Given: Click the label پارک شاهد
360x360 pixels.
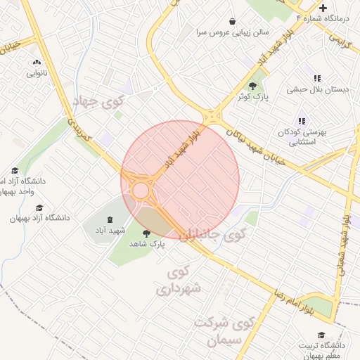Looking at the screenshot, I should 146,243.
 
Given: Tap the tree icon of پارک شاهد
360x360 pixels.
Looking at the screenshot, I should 146,233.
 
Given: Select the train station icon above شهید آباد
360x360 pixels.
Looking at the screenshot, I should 109,217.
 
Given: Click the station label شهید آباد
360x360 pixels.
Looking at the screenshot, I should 110,230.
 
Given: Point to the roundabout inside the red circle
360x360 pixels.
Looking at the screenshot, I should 141,190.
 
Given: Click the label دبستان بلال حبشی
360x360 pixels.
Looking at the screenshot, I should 314,89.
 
